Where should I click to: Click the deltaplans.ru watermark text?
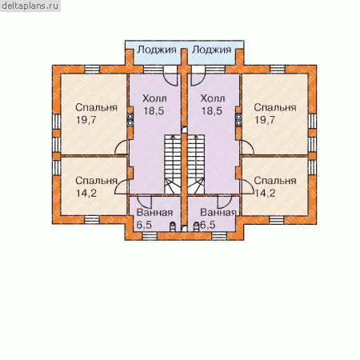(x=30, y=6)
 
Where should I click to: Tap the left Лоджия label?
(x=157, y=50)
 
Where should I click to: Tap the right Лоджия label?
(x=211, y=50)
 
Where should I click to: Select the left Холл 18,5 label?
(x=154, y=105)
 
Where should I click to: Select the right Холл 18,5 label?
(x=213, y=105)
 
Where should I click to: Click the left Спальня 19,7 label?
(x=96, y=114)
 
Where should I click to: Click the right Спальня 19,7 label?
(x=275, y=114)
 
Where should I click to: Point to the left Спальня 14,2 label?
(x=96, y=186)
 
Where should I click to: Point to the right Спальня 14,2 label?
(x=275, y=186)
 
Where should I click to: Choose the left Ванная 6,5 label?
(x=154, y=218)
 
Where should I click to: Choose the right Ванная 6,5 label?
(x=218, y=218)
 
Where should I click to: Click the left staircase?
(x=173, y=164)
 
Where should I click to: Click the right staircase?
(x=196, y=164)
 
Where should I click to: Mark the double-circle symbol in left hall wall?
(x=130, y=119)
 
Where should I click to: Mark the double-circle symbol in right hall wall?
(x=238, y=119)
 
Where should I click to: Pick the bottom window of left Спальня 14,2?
(x=92, y=220)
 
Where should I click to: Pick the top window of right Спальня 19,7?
(x=278, y=69)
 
